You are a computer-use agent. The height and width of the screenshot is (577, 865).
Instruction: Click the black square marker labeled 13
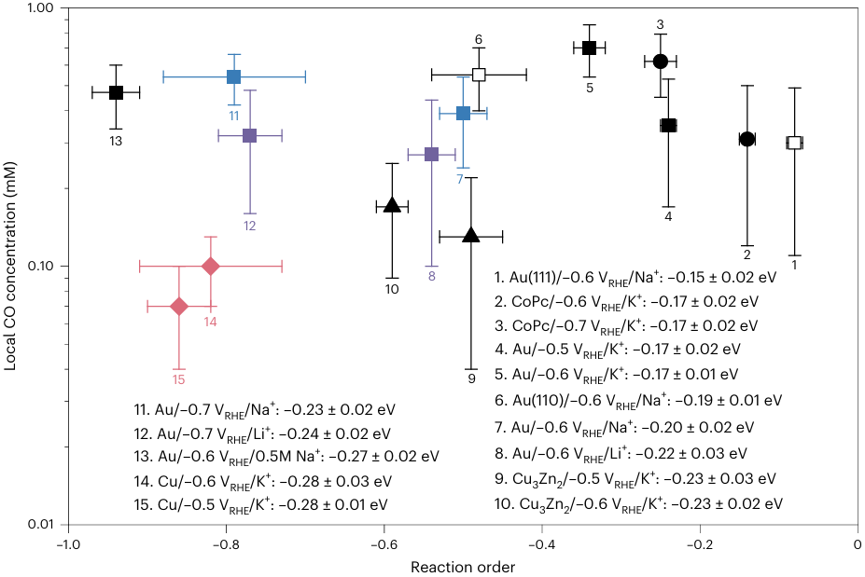point(116,92)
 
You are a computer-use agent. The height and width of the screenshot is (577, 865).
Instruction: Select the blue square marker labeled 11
point(234,76)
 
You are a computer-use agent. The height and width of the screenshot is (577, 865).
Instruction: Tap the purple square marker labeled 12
point(250,135)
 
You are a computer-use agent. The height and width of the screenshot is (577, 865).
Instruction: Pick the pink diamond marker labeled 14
point(211,267)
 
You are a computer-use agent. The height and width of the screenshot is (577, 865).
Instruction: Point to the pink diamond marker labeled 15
point(179,306)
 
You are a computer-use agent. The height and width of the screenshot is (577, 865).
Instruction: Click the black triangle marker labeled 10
point(392,205)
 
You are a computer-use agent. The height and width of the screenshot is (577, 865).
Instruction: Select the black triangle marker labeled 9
point(471,236)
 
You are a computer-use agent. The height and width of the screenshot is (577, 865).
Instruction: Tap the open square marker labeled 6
point(479,75)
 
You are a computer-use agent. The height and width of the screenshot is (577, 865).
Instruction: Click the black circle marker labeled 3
point(661,61)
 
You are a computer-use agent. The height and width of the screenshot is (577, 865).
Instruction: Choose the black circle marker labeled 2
point(746,139)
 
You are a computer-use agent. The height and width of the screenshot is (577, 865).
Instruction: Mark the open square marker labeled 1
point(794,143)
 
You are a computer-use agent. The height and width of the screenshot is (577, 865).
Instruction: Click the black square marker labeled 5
point(589,48)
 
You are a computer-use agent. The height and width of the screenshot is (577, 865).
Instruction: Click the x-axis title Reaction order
point(463,566)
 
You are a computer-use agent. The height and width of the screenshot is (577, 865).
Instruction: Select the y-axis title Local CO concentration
point(10,267)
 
